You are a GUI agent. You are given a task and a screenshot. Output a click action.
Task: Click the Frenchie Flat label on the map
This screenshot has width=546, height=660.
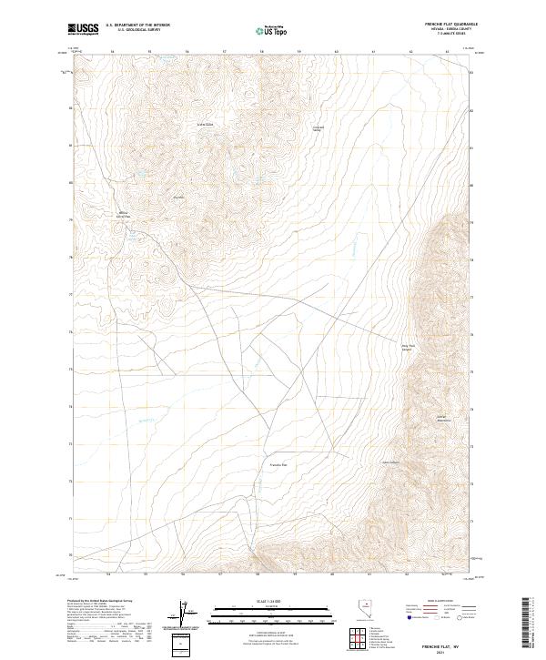point(278,465)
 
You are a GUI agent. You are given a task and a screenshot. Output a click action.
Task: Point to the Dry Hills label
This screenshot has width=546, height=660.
point(179,197)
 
